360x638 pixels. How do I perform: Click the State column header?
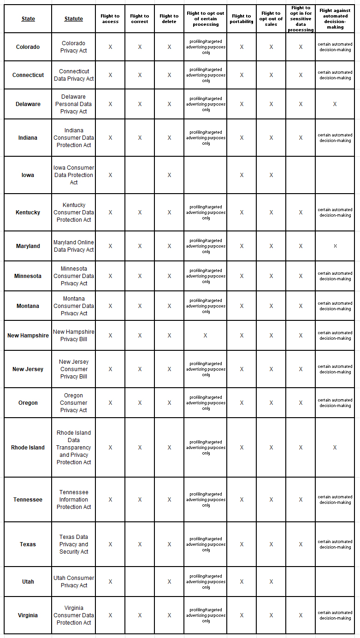[28, 19]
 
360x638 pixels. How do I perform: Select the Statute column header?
[74, 19]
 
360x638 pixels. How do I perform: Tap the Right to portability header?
[242, 19]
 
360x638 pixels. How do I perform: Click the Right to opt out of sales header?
[271, 19]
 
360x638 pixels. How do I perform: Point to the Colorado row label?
[28, 47]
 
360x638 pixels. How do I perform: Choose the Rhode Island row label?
[28, 448]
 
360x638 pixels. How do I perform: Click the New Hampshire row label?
[28, 336]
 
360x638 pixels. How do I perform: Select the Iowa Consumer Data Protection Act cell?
[74, 175]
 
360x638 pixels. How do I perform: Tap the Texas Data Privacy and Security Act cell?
[74, 544]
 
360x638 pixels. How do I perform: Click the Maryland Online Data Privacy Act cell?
[74, 246]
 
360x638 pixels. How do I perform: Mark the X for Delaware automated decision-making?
[335, 104]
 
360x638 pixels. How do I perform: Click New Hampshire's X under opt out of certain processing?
[205, 336]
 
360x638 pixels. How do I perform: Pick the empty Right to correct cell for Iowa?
[140, 175]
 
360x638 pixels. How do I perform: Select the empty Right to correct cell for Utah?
[140, 582]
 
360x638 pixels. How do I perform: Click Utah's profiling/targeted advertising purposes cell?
[206, 582]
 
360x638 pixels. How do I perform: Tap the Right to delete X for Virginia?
[169, 615]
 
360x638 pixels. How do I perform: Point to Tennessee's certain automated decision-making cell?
[335, 500]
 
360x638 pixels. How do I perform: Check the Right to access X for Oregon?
[110, 403]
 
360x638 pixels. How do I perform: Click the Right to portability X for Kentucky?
[242, 213]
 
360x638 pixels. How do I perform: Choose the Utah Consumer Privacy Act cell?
[74, 582]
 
